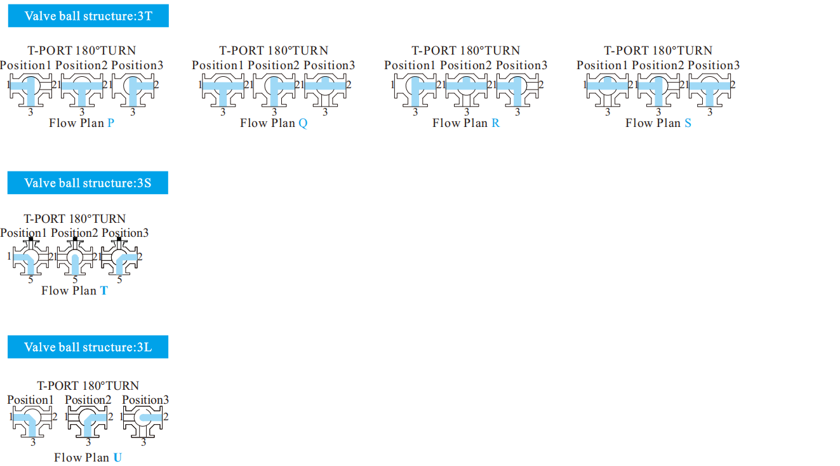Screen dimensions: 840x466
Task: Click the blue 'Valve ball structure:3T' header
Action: click(x=88, y=16)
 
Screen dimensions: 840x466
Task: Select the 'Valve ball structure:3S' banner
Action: click(x=88, y=183)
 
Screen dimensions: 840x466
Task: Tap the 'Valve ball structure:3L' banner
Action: click(x=88, y=347)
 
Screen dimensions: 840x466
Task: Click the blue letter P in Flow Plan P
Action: click(x=111, y=123)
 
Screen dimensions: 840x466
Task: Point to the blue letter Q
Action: click(x=303, y=123)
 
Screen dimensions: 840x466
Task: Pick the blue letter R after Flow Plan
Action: click(x=496, y=123)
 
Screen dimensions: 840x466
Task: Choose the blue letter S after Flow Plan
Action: click(x=688, y=123)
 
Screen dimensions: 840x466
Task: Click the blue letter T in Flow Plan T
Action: click(x=104, y=291)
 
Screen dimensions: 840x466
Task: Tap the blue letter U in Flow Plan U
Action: click(x=117, y=457)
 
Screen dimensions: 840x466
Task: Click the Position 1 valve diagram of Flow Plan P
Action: click(x=30, y=90)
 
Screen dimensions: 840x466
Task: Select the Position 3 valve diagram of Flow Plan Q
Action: click(x=325, y=90)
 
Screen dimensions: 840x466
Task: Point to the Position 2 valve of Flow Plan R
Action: click(x=467, y=90)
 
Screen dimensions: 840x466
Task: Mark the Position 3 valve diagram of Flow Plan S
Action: click(x=710, y=90)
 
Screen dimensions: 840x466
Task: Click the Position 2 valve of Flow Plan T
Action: click(x=75, y=256)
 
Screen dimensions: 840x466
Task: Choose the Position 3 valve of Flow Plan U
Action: click(x=143, y=422)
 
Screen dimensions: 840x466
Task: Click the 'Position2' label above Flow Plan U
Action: click(x=88, y=400)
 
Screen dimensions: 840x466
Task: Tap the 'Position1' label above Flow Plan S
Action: click(x=602, y=65)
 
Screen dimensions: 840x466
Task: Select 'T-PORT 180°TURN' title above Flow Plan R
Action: click(x=466, y=50)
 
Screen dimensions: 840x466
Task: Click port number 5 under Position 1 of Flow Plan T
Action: click(x=30, y=280)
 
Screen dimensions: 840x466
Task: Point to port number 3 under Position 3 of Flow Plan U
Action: click(x=143, y=443)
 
